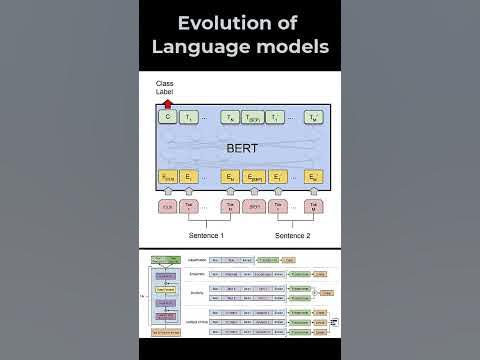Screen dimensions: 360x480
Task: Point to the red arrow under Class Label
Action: point(167,102)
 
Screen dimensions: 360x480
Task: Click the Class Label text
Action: point(165,86)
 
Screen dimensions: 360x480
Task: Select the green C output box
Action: point(167,117)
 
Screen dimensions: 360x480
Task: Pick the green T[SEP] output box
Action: point(254,117)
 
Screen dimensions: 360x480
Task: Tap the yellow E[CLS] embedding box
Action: point(167,178)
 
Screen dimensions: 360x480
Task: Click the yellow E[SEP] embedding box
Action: point(254,178)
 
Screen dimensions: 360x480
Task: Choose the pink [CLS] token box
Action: point(167,207)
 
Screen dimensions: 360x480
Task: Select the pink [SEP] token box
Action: point(254,207)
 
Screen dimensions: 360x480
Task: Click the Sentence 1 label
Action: point(207,236)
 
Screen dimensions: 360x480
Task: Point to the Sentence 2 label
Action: point(291,236)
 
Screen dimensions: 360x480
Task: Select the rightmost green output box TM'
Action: point(314,117)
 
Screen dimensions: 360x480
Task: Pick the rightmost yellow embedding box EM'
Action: point(314,178)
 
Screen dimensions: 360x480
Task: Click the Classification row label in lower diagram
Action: point(197,259)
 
